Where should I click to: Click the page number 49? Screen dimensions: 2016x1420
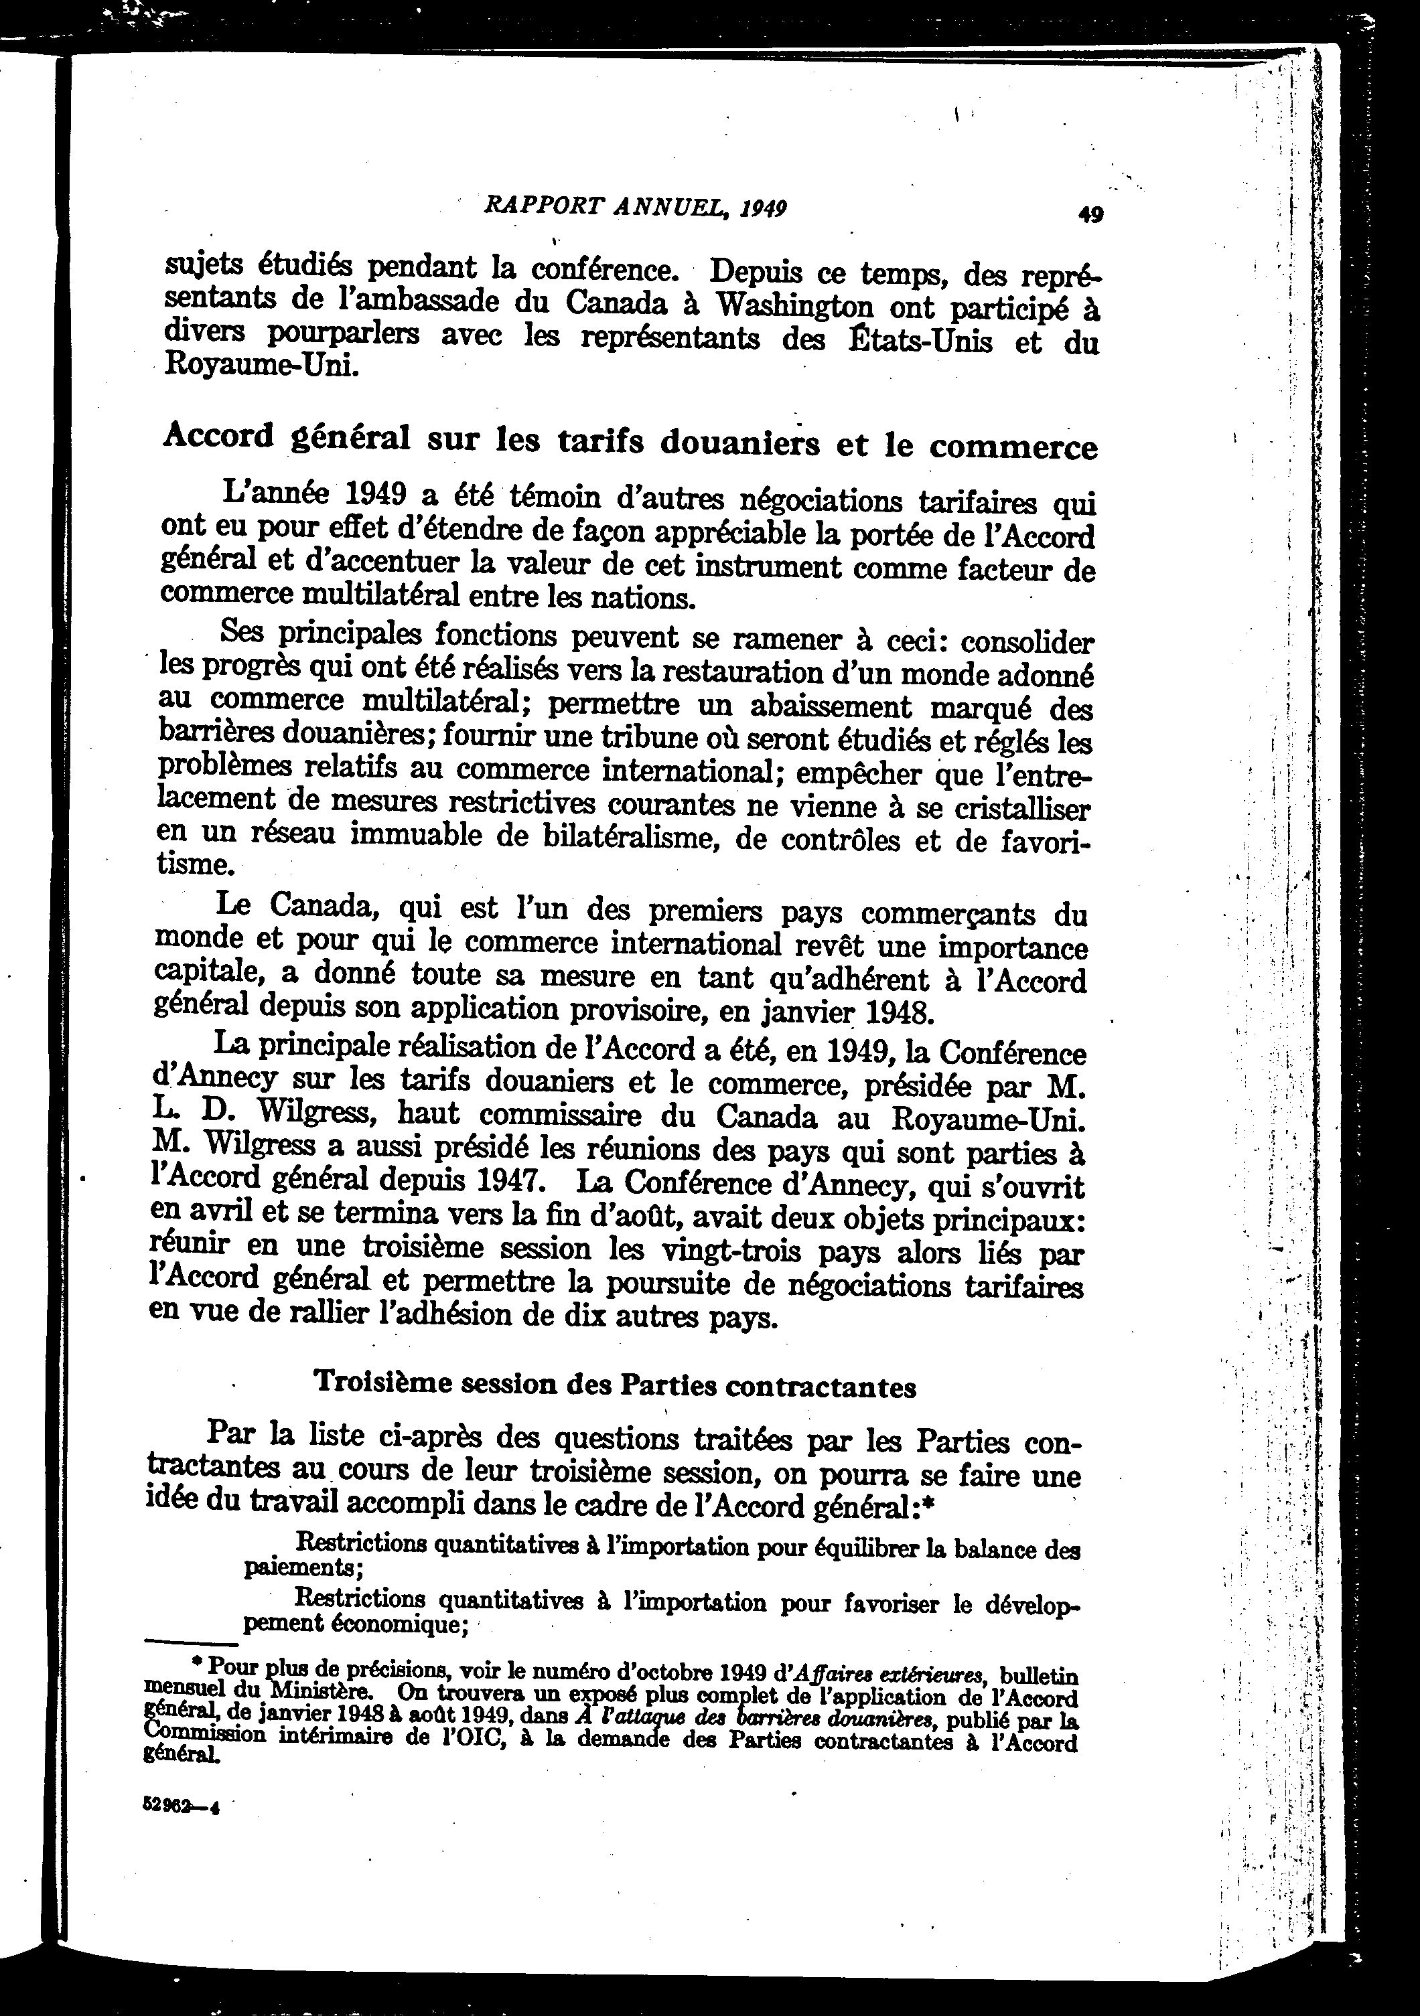[1090, 214]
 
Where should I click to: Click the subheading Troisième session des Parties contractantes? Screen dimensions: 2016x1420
[616, 1385]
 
